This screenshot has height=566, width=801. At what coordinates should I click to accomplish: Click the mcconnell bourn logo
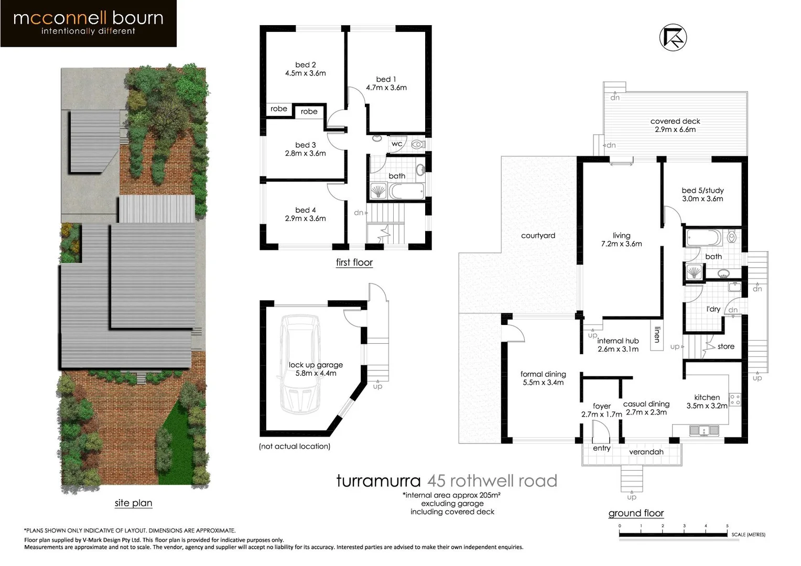[88, 23]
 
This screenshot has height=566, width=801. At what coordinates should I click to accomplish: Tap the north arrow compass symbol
[673, 38]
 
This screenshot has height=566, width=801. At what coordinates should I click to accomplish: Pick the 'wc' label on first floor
[397, 144]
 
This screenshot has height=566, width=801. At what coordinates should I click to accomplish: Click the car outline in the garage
[300, 364]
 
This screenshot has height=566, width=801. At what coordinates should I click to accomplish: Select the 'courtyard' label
[538, 236]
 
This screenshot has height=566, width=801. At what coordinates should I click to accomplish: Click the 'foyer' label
[602, 406]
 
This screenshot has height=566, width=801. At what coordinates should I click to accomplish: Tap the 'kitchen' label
[707, 398]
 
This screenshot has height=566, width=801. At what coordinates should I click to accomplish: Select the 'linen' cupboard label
[657, 334]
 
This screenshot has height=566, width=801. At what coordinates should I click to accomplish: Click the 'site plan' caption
[133, 503]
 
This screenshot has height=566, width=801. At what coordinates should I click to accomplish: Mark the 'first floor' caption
[354, 263]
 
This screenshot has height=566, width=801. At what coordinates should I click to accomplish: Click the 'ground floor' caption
[636, 514]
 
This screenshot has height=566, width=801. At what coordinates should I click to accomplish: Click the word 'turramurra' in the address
[378, 481]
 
